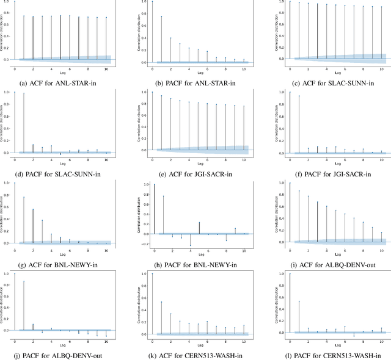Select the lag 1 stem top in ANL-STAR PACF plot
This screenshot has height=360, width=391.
coord(162,16)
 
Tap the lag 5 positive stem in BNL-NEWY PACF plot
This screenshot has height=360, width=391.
coord(199,223)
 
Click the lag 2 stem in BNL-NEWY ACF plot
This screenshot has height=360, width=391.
coord(33,210)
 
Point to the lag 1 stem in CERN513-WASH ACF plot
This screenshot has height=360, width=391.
coord(161,302)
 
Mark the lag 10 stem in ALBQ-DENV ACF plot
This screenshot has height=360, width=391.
coord(381,232)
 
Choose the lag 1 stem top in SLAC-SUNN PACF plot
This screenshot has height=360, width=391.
coord(24,93)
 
